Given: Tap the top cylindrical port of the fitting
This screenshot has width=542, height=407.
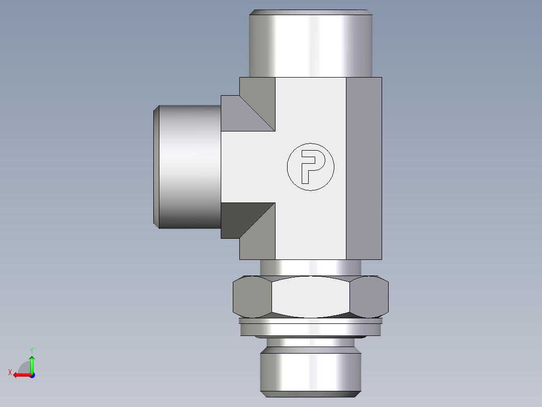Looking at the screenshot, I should pyautogui.click(x=310, y=43).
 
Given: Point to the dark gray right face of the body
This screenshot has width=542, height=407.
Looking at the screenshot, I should pyautogui.click(x=364, y=168).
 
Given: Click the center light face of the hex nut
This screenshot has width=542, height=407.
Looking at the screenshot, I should pyautogui.click(x=310, y=297).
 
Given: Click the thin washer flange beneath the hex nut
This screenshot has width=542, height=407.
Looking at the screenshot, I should pyautogui.click(x=310, y=328).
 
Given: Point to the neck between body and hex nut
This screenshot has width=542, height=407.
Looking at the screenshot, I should pyautogui.click(x=310, y=267).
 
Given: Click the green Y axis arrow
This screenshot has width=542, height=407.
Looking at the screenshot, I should pyautogui.click(x=32, y=362).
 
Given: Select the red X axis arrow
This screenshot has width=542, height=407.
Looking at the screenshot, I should pyautogui.click(x=20, y=375).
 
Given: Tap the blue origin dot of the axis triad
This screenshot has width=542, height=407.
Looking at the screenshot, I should pyautogui.click(x=32, y=375).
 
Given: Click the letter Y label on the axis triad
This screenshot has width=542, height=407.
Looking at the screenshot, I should pyautogui.click(x=31, y=349).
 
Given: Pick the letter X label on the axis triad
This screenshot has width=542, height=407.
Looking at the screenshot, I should pyautogui.click(x=10, y=372).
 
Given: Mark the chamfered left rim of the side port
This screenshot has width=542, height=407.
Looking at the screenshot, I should pyautogui.click(x=156, y=167).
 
